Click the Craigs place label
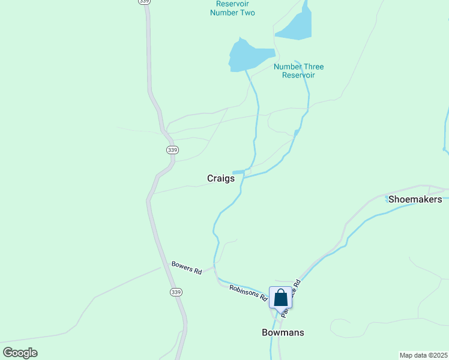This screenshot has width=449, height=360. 220,178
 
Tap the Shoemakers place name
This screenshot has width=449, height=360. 415,199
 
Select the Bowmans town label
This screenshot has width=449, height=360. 283,332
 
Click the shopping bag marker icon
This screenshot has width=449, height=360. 280,298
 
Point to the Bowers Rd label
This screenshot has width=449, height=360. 187,268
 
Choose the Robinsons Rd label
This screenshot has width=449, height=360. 248,292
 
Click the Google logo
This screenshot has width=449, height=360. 20,353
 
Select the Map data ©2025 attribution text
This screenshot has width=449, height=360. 424,355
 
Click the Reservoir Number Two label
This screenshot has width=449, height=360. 232,8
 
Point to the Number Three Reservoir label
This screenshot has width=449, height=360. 298,71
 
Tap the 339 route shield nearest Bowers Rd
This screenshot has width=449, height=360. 175,292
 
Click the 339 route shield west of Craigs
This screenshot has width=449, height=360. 172,150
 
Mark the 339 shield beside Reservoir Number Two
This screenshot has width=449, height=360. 143,2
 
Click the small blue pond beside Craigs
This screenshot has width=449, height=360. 238,173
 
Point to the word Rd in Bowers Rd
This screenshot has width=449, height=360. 197,271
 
